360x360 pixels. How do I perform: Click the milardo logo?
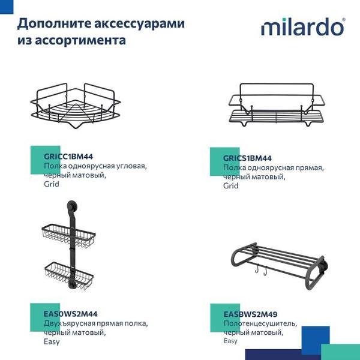(x=302, y=27)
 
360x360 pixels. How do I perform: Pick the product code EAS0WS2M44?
(x=71, y=313)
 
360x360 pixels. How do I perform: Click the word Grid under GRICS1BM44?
(x=231, y=186)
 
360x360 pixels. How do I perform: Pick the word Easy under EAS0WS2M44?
(x=52, y=341)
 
